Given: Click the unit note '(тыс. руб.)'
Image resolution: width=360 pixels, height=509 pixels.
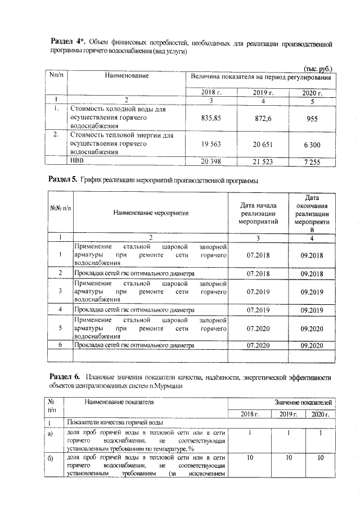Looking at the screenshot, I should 318,67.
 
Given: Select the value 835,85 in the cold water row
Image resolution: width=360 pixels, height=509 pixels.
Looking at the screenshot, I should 210,118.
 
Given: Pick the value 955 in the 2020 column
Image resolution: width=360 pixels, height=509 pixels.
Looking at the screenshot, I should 312,118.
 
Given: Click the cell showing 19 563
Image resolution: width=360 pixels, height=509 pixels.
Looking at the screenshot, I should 210,144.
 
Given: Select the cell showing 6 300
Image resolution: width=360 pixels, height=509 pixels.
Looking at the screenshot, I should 312,145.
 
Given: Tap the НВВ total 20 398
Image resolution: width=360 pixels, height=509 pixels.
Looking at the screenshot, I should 210,162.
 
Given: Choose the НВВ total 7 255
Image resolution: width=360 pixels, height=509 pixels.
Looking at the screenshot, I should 312,162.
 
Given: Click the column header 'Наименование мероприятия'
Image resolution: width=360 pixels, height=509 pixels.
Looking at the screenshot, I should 151,213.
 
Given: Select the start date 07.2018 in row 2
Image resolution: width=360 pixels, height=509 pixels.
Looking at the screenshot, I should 258,273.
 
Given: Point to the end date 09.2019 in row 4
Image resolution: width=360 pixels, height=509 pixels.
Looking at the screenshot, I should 312,310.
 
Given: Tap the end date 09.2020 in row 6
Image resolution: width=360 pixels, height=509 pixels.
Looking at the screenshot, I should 312,345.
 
